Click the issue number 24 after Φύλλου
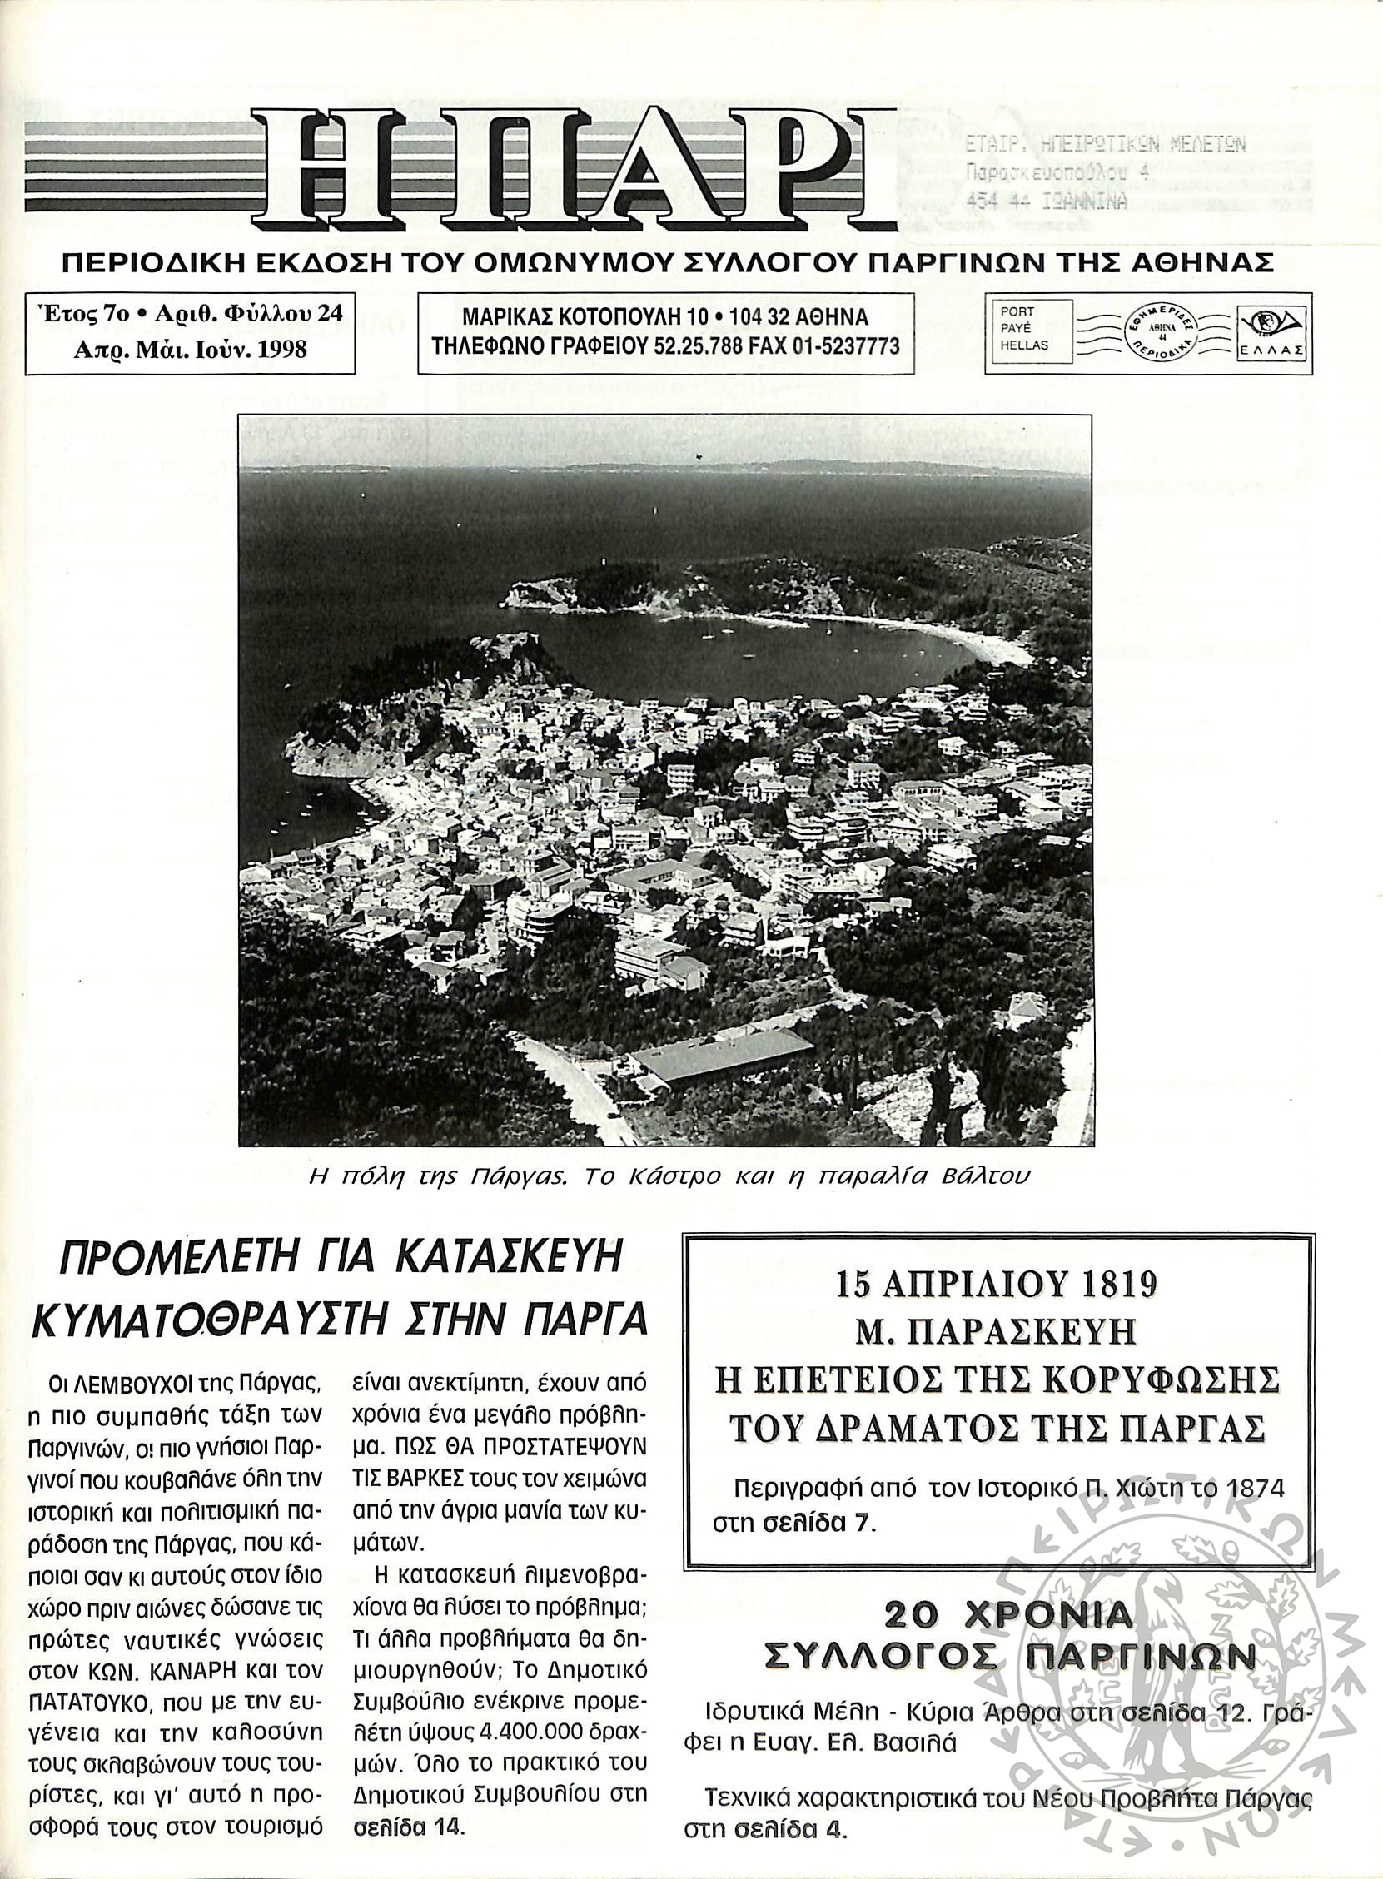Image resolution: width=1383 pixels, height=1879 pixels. coord(330,315)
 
